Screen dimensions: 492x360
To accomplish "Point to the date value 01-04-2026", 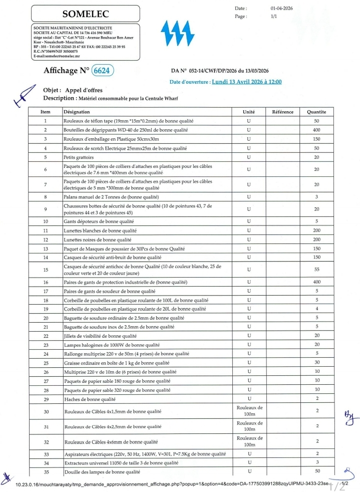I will [x=280, y=9].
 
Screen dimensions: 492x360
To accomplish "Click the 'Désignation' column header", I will [x=77, y=112].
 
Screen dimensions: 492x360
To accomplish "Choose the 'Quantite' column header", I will [x=316, y=112].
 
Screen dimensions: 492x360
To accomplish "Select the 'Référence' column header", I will [x=282, y=112].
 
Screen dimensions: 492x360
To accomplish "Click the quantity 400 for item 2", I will [x=316, y=130].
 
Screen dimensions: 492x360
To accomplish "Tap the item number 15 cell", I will [x=46, y=270].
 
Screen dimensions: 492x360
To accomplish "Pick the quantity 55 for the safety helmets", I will [x=316, y=270].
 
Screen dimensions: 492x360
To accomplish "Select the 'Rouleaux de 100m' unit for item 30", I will [x=249, y=411].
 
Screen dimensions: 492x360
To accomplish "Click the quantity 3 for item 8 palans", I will [x=316, y=197].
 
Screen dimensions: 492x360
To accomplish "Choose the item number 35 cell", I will [x=46, y=472].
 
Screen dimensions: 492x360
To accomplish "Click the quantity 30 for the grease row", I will [x=316, y=363].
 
